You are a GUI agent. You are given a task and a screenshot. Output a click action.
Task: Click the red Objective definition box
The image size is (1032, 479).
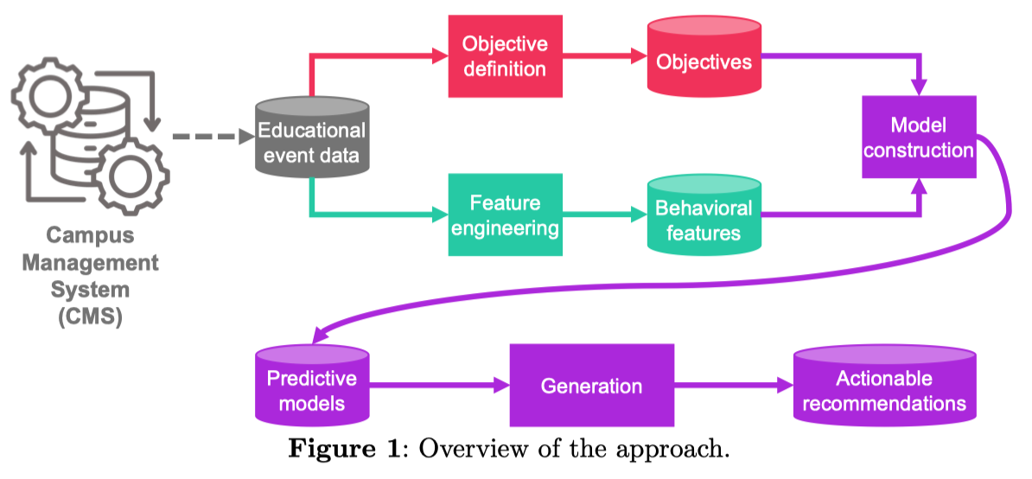506,56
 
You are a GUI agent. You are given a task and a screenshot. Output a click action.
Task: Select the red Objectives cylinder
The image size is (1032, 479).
704,57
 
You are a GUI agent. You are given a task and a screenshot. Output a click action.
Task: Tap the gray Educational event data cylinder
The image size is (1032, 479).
311,137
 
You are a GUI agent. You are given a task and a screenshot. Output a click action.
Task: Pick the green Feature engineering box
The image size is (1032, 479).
506,214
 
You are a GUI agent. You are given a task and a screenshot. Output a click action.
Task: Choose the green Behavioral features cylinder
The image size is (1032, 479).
704,214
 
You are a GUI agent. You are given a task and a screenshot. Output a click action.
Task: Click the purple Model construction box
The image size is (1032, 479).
920,137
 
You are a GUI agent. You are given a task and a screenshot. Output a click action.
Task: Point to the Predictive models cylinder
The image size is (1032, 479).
311,386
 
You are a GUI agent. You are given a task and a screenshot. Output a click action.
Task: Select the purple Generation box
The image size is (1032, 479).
592,385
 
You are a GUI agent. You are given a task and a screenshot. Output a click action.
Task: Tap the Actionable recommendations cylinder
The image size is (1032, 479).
884,386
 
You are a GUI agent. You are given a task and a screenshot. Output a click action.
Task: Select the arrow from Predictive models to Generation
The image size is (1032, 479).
439,386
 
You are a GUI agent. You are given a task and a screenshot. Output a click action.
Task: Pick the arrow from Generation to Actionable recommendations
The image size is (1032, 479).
734,386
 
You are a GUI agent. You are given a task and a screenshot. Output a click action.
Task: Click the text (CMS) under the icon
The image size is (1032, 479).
90,317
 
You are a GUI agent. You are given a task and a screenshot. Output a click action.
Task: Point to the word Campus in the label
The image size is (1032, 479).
90,236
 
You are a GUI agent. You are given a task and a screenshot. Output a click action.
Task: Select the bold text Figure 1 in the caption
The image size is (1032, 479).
344,450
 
